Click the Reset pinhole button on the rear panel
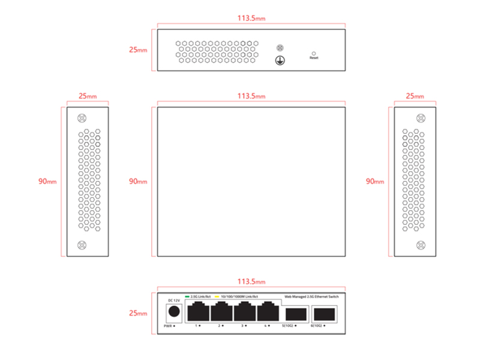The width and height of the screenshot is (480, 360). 314,53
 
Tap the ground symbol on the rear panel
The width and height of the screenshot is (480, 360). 278,60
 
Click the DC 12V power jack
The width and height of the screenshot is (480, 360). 174,312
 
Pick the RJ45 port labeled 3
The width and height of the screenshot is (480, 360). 244,312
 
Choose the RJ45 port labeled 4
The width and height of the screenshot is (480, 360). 267,312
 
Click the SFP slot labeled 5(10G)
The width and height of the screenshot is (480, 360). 295,313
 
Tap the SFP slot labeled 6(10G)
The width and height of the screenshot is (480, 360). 325,313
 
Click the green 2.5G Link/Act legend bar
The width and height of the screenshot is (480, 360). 187,296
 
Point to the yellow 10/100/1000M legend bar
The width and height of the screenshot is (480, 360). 217,296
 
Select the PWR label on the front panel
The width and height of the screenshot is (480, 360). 168,326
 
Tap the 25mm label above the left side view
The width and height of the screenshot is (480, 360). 87,96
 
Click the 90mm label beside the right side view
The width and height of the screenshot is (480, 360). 374,181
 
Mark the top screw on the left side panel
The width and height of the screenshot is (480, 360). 83,118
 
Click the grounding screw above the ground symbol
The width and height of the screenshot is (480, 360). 278,47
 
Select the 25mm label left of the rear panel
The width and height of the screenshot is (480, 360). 137,50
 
